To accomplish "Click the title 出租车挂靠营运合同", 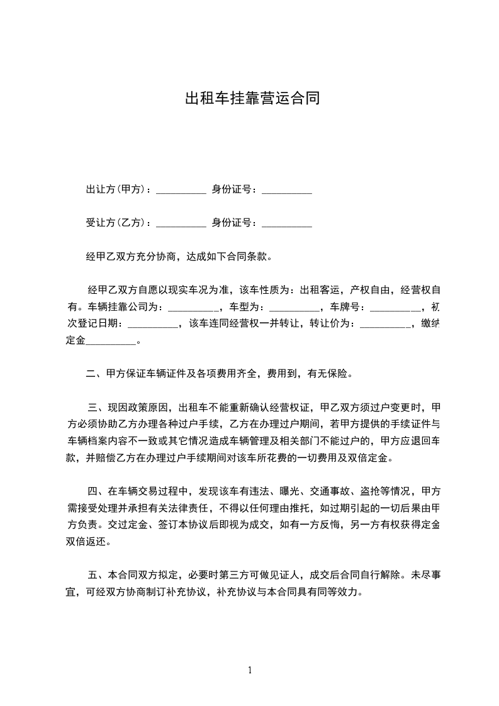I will point(249,99).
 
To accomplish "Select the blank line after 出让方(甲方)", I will point(181,191).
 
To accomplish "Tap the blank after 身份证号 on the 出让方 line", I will point(286,191).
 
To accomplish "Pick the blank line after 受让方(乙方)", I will point(181,223).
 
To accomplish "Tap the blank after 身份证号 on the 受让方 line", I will point(286,223).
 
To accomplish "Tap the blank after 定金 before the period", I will point(111,343).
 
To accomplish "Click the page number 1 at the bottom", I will point(250,670).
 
